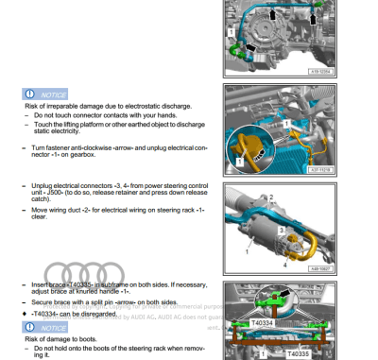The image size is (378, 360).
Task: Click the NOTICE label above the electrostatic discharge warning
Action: pos(53,94)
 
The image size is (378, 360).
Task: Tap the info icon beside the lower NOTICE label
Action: pos(31,327)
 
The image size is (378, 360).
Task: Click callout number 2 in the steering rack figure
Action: pos(270,197)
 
